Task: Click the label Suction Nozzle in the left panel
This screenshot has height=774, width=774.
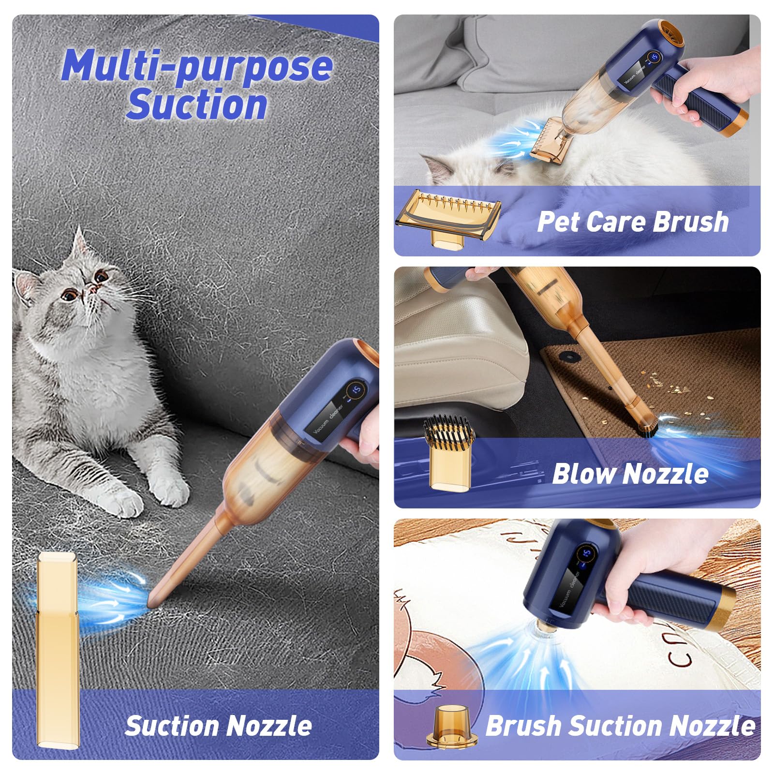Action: click(218, 726)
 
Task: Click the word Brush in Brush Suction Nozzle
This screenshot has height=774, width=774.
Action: click(523, 726)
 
